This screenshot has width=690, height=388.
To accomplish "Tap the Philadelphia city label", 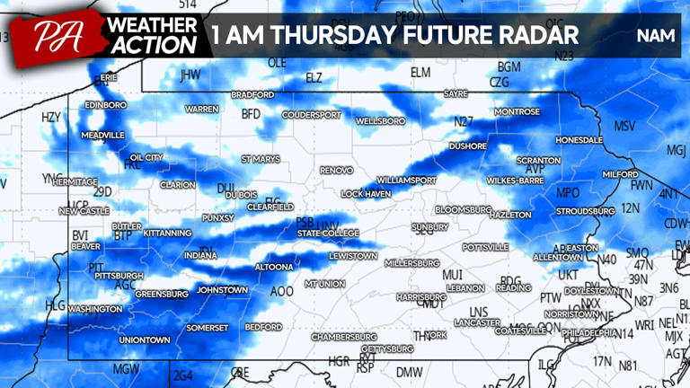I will (x=589, y=332).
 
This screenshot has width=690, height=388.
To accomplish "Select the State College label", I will (x=328, y=234).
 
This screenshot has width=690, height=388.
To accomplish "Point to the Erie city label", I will (x=108, y=78).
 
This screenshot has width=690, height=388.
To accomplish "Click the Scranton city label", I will (x=538, y=161).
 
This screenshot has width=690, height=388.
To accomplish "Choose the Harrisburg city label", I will (x=420, y=296).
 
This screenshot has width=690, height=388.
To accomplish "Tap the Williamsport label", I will (x=406, y=181).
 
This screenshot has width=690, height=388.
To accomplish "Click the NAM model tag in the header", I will (x=654, y=36).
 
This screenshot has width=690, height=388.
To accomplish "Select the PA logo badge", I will (x=56, y=36).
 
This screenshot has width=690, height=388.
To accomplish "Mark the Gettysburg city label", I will (x=386, y=348).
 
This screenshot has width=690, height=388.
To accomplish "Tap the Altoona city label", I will (x=273, y=267).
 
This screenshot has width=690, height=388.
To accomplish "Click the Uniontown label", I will (x=144, y=340).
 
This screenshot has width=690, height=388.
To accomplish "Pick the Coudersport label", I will (x=312, y=115).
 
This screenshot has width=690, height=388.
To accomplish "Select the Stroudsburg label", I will (x=584, y=212).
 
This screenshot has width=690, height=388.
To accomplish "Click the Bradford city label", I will (x=252, y=94).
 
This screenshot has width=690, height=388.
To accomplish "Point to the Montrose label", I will (x=517, y=112).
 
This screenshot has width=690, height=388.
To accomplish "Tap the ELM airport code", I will (x=420, y=72).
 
